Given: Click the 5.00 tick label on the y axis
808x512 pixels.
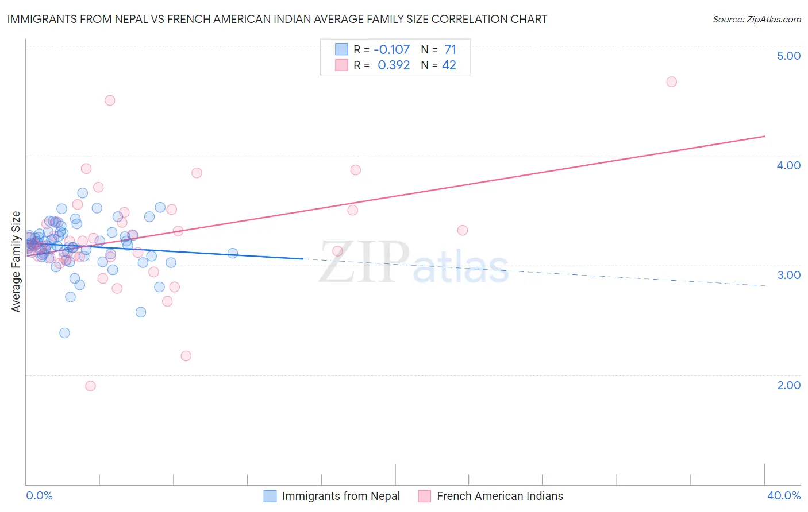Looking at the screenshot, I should point(788,56).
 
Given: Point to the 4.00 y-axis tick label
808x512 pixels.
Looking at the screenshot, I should point(788,165).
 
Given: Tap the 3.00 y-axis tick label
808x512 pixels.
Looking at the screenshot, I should point(788,275).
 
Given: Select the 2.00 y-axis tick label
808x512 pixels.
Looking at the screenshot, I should point(788,385).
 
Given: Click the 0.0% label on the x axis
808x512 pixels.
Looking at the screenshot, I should point(39,495).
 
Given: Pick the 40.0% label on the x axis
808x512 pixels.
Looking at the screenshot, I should point(783,495).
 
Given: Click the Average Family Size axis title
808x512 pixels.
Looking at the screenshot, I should point(16,262).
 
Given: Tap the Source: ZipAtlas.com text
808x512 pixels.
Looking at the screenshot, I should point(756,20).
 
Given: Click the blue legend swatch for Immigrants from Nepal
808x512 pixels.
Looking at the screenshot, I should point(270,496).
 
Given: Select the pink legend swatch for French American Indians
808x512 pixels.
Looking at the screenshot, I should point(425,496).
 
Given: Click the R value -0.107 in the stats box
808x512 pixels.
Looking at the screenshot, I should point(391,49).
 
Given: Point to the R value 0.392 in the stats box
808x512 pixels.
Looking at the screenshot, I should point(394,65).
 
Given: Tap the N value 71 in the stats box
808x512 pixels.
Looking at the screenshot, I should point(450,49).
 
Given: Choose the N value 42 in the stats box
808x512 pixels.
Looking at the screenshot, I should point(449,65).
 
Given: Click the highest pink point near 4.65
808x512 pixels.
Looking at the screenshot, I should point(671,82).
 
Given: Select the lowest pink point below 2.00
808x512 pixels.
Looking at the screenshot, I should point(90,386).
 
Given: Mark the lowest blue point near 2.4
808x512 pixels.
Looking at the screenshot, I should point(64,333).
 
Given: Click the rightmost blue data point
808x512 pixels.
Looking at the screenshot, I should point(233,253).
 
